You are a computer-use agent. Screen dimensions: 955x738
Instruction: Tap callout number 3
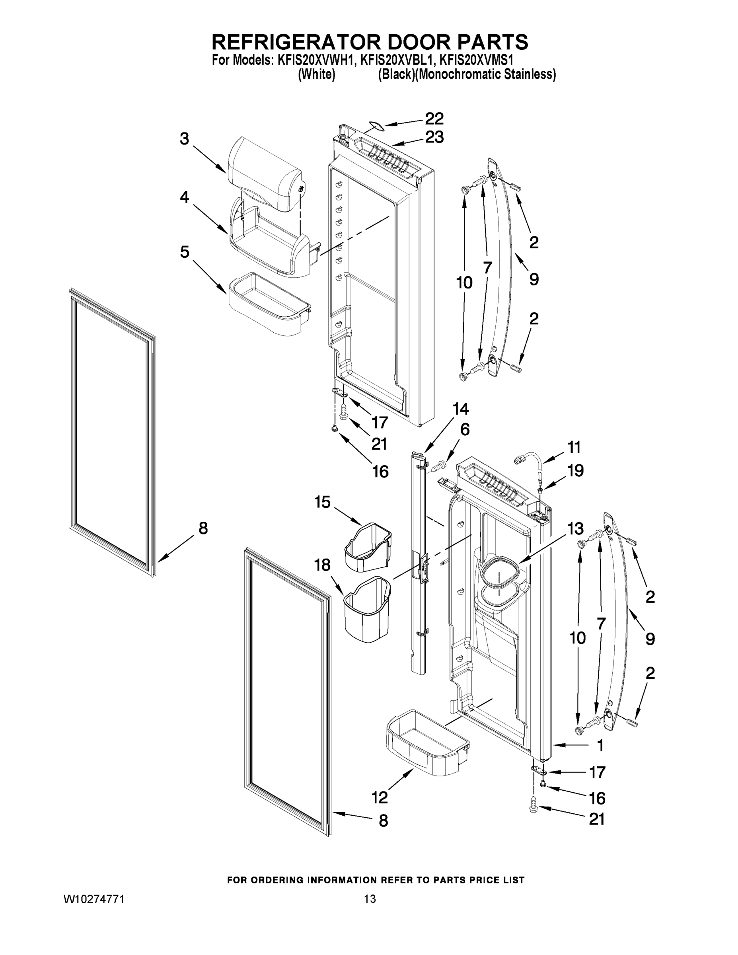pos(185,139)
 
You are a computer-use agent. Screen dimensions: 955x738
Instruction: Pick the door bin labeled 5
pos(268,304)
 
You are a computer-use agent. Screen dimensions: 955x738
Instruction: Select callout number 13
pos(575,529)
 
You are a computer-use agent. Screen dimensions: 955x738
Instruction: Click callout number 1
pos(600,746)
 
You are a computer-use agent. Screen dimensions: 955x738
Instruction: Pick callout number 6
pos(465,429)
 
